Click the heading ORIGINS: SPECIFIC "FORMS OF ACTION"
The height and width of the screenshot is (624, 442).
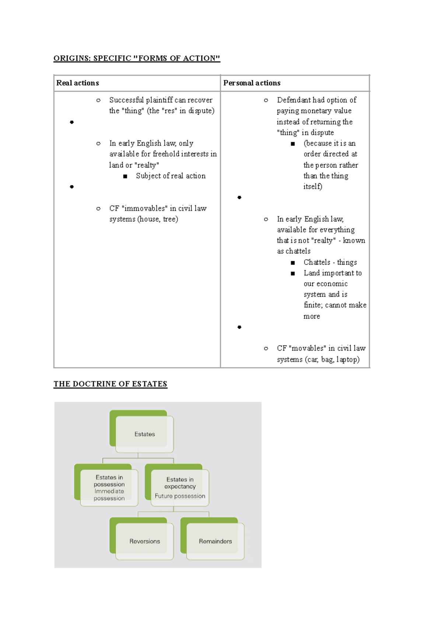(x=137, y=58)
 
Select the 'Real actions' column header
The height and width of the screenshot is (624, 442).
(x=78, y=83)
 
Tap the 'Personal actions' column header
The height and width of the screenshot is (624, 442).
(x=252, y=83)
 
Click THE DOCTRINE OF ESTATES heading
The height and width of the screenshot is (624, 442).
(x=110, y=384)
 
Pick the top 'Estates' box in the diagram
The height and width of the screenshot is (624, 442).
(x=144, y=434)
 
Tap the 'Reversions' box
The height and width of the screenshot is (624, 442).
(x=144, y=541)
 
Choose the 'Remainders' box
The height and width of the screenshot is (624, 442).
(x=215, y=541)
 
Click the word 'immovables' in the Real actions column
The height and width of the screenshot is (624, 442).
(x=145, y=208)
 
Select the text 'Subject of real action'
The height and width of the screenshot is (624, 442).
(x=171, y=176)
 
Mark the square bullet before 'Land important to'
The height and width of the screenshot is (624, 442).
(x=293, y=273)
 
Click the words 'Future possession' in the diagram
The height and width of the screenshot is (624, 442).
(x=180, y=496)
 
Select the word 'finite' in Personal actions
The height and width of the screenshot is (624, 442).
(x=312, y=305)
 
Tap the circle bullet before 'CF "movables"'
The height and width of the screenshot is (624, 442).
(x=266, y=348)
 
